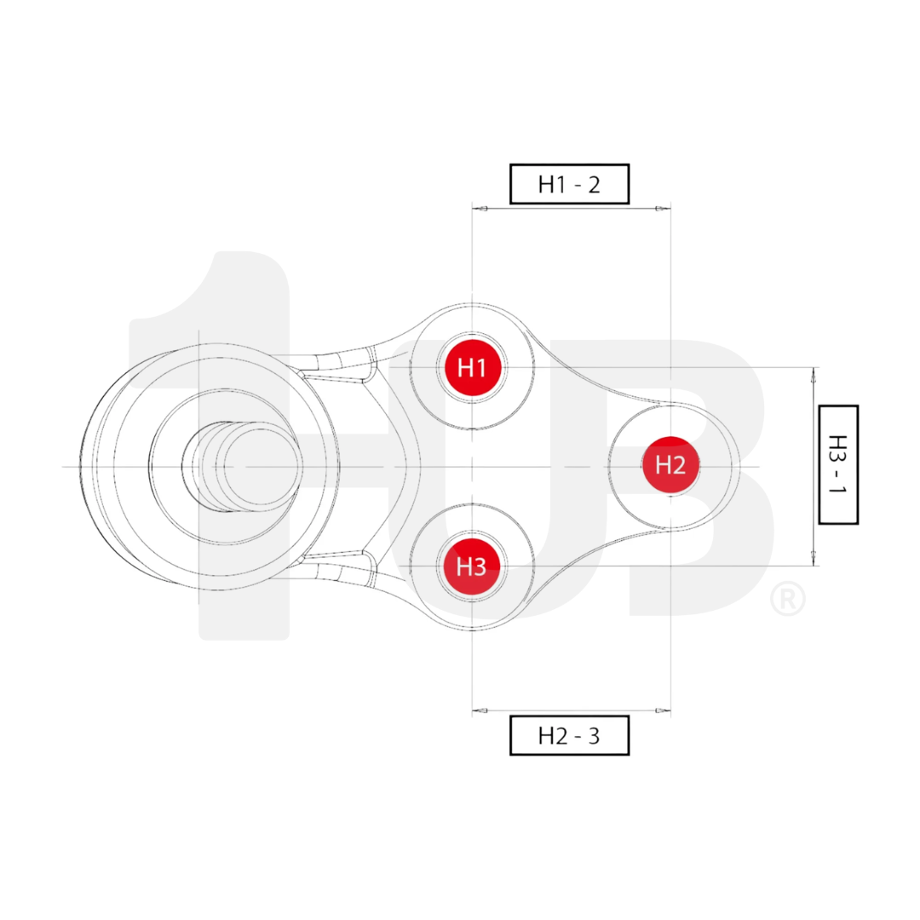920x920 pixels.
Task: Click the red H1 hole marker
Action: coord(472,367)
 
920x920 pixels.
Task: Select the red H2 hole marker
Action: coord(670,465)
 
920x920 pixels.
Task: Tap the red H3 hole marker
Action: coord(471,566)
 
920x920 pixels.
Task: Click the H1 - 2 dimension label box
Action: coord(569,184)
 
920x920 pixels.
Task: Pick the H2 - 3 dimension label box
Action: coord(569,735)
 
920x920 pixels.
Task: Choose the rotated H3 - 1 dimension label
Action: coord(837,464)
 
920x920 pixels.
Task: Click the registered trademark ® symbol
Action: coord(787,599)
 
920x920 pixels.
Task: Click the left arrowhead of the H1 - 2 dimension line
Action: coord(480,209)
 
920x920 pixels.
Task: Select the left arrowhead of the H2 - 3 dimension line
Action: coord(480,710)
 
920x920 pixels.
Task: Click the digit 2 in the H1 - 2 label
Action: coord(594,185)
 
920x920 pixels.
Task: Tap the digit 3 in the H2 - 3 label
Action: coord(594,736)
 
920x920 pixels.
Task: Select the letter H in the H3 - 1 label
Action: coord(838,444)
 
